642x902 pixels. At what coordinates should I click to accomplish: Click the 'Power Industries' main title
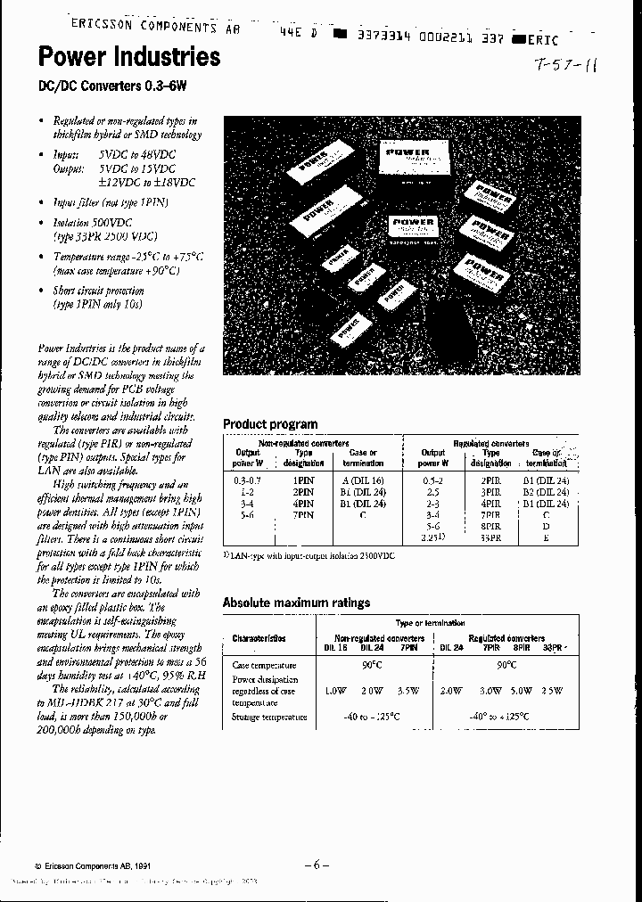point(128,58)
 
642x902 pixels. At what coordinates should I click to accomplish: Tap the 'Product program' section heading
point(269,424)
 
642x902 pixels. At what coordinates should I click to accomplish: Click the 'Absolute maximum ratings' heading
point(296,603)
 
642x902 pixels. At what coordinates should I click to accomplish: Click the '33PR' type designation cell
point(490,538)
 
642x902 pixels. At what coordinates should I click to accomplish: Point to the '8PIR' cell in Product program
point(490,527)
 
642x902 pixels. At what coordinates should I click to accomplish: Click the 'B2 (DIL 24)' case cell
point(545,491)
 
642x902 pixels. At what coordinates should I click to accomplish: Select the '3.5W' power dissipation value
point(408,690)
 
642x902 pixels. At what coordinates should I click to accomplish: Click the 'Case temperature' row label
point(264,665)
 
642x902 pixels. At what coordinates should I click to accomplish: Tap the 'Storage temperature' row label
point(268,716)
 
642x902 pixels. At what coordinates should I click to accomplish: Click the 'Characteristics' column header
point(259,638)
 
